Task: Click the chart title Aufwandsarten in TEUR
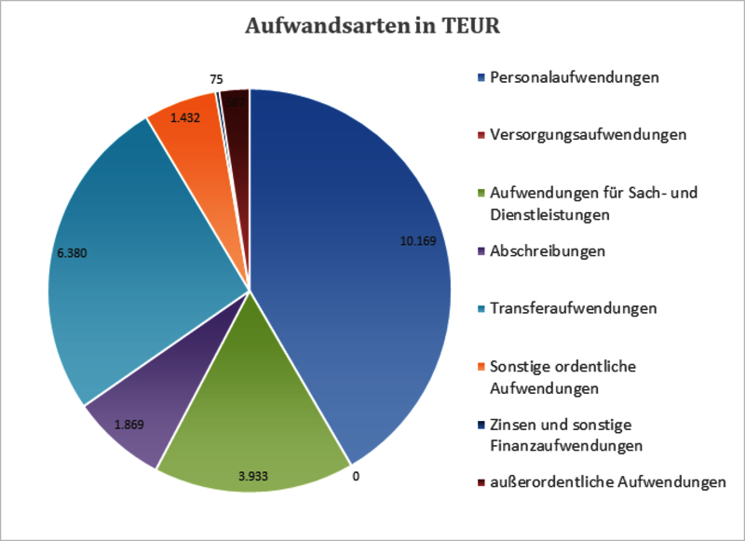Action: pyautogui.click(x=372, y=26)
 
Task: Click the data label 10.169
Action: pyautogui.click(x=418, y=240)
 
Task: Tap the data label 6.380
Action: pyautogui.click(x=73, y=252)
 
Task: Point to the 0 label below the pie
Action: pyautogui.click(x=357, y=477)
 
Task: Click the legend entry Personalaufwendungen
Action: pyautogui.click(x=575, y=76)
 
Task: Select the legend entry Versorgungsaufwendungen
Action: pyautogui.click(x=588, y=134)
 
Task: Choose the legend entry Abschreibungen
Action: pyautogui.click(x=548, y=251)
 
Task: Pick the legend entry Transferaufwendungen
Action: pyautogui.click(x=574, y=308)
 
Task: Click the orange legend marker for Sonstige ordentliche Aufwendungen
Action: pyautogui.click(x=480, y=367)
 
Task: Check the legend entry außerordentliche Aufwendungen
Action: pyautogui.click(x=607, y=482)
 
